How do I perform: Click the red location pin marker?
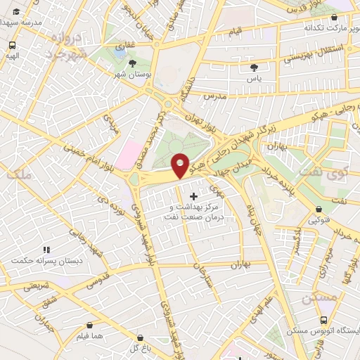click(x=181, y=165)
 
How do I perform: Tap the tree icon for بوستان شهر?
click(x=133, y=63)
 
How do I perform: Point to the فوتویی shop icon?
click(x=320, y=209)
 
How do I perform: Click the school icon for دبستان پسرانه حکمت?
click(x=46, y=250)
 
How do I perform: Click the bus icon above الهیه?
click(x=11, y=44)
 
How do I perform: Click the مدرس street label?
click(x=211, y=94)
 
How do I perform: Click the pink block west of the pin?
click(x=127, y=153)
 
